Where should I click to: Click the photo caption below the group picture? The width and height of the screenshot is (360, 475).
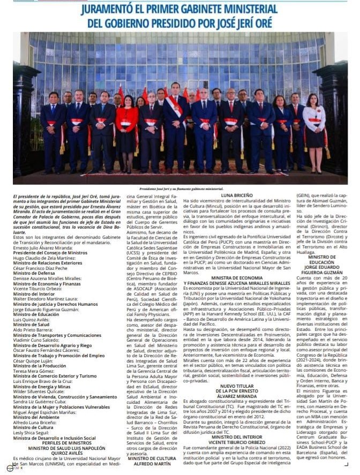point(181,189)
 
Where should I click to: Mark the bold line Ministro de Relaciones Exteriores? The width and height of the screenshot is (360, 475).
point(48,263)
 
